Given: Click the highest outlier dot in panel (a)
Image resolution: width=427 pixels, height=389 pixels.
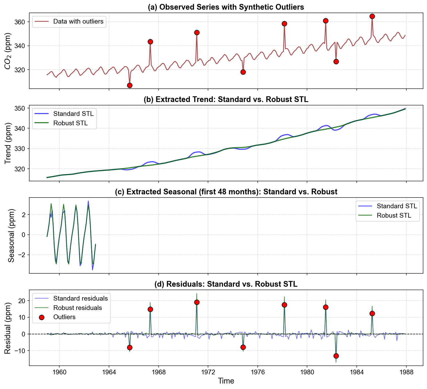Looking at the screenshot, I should pyautogui.click(x=372, y=16).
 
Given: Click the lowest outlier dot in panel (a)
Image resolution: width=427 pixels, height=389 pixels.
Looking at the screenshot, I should pyautogui.click(x=130, y=85).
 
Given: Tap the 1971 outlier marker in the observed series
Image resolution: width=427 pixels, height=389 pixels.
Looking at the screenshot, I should pyautogui.click(x=197, y=32).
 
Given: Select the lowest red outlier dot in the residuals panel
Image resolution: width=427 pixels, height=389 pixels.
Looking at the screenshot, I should pyautogui.click(x=336, y=356).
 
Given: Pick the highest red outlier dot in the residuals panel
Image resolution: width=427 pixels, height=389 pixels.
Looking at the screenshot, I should pyautogui.click(x=197, y=302).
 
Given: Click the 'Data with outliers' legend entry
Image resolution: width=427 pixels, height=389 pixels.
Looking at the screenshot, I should pyautogui.click(x=78, y=21).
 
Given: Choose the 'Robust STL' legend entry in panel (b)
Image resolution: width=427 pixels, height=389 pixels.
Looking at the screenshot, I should pyautogui.click(x=70, y=123).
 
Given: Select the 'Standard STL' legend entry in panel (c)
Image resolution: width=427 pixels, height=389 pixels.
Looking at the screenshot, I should pyautogui.click(x=397, y=206).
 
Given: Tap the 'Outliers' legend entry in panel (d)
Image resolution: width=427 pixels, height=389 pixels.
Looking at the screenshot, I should pyautogui.click(x=64, y=317).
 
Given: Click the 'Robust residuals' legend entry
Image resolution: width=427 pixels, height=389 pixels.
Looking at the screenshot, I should pyautogui.click(x=77, y=308).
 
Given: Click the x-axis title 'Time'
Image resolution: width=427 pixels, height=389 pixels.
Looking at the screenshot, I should pyautogui.click(x=226, y=381).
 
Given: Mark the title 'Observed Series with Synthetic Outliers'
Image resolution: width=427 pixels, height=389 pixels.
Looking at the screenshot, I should pyautogui.click(x=226, y=7).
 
